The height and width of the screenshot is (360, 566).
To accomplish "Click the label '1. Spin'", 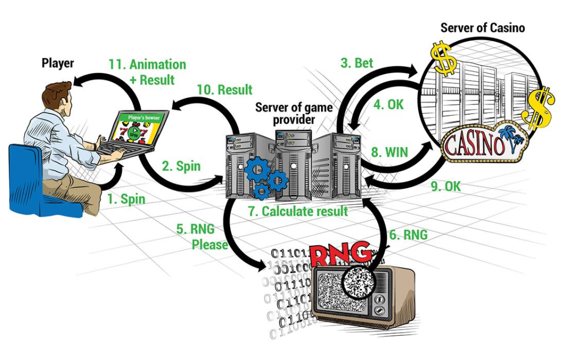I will click(x=126, y=199).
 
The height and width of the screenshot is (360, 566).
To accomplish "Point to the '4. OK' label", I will click(x=388, y=104).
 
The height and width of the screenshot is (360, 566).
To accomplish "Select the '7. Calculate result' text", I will click(x=297, y=211).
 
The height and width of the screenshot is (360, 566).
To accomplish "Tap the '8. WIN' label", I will click(x=389, y=151).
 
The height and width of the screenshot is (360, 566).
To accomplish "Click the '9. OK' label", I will click(x=445, y=186).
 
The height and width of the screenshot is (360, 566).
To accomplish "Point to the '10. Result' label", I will click(x=224, y=89).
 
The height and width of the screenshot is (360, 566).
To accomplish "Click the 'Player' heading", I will click(x=58, y=63).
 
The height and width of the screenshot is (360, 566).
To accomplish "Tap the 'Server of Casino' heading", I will click(x=483, y=27).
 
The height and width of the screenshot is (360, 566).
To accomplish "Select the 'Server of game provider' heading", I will click(x=294, y=113).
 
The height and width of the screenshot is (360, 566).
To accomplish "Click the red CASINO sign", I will click(x=474, y=144).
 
